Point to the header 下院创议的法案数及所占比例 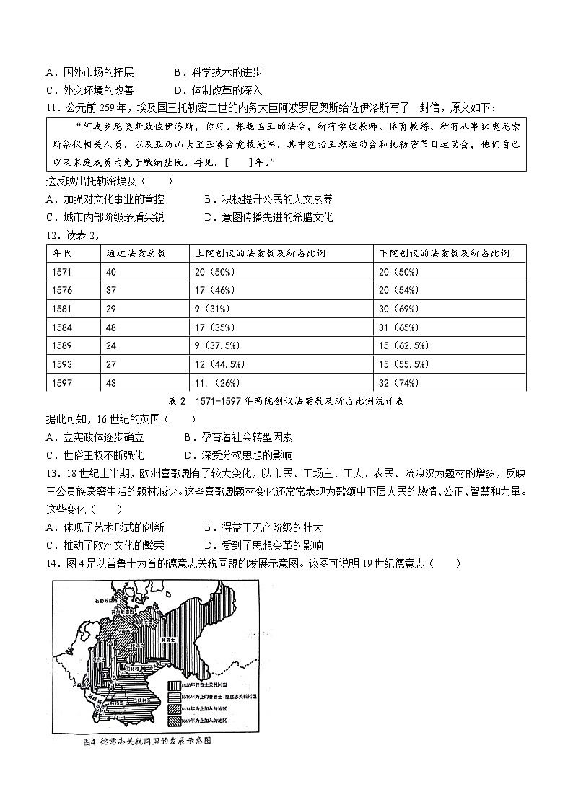pyautogui.click(x=445, y=253)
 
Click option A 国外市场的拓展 pyautogui.click(x=89, y=72)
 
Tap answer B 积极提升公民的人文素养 pyautogui.click(x=268, y=199)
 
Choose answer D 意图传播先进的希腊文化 pyautogui.click(x=268, y=217)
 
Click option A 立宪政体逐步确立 pyautogui.click(x=95, y=437)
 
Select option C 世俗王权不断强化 pyautogui.click(x=95, y=455)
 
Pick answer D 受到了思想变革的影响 pyautogui.click(x=263, y=545)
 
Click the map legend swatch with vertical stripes pyautogui.click(x=175, y=685)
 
